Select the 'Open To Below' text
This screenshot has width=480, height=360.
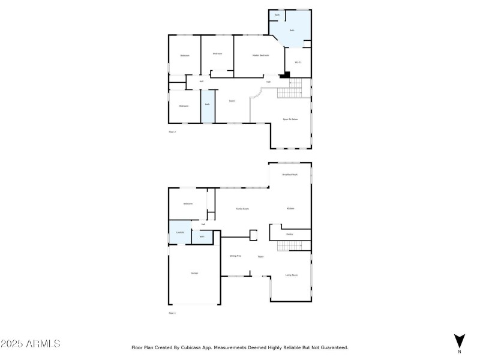tap(290, 119)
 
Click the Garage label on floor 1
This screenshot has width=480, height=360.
tap(194, 273)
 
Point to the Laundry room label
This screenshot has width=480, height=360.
tap(179, 232)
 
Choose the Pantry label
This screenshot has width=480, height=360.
tap(289, 233)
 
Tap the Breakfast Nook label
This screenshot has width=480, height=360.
tap(290, 175)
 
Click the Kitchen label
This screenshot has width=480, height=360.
tap(290, 208)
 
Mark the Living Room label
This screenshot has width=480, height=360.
tap(292, 275)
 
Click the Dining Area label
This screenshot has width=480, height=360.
tap(235, 256)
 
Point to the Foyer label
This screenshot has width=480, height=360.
tap(261, 257)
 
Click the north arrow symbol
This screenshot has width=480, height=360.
tap(459, 340)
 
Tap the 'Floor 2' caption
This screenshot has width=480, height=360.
tap(172, 131)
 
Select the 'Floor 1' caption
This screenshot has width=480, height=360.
tap(172, 313)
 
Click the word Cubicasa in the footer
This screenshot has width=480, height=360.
tap(199, 347)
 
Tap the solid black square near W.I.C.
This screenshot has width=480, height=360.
tap(287, 75)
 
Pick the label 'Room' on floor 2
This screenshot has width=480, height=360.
tap(232, 101)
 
